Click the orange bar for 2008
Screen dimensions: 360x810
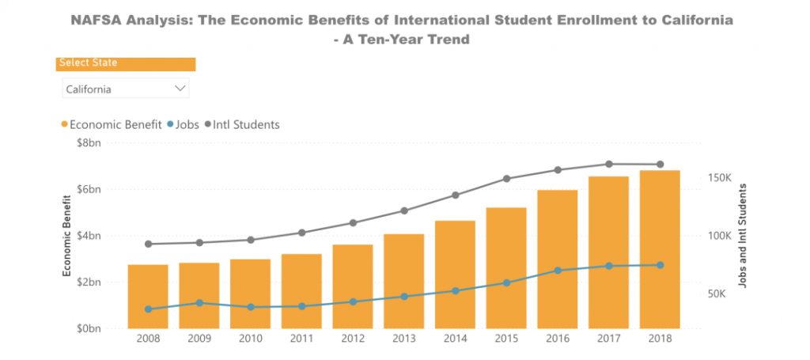click(x=148, y=297)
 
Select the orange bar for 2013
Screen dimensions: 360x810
click(x=404, y=281)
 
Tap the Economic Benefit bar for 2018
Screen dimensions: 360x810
click(x=660, y=249)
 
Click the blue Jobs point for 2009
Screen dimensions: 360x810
click(x=199, y=303)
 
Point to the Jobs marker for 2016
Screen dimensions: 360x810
click(x=558, y=271)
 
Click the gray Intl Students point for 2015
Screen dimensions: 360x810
click(x=506, y=179)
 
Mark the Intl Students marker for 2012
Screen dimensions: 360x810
click(x=353, y=223)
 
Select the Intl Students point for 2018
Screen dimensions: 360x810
click(x=660, y=165)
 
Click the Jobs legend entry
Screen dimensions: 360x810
click(x=183, y=124)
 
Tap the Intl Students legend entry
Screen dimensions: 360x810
click(x=242, y=124)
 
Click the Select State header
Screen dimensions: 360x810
click(x=88, y=63)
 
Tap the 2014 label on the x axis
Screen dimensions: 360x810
click(x=455, y=339)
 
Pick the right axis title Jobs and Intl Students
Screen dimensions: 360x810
click(x=742, y=235)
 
